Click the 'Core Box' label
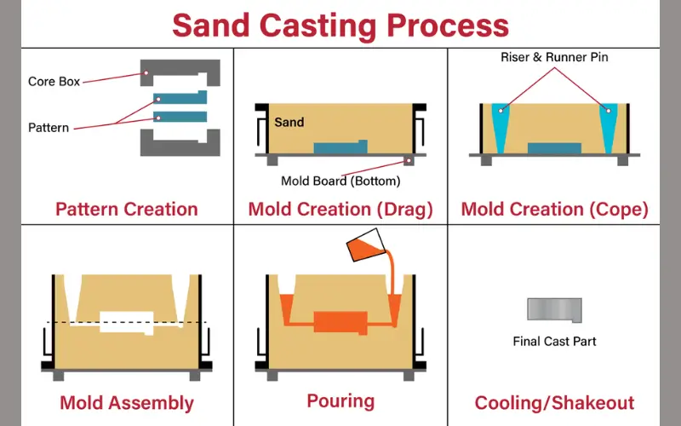[54, 82]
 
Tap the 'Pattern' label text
[48, 128]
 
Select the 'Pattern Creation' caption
[126, 209]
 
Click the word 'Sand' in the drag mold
[289, 122]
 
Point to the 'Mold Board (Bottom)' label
[340, 181]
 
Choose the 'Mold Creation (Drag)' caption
[340, 209]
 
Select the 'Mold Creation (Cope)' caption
[554, 209]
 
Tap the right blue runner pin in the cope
[609, 124]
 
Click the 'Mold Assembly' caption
[127, 402]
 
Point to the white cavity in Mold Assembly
[126, 322]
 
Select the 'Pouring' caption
[340, 400]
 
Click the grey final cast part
[553, 309]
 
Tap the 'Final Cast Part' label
[554, 342]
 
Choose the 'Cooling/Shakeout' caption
[554, 402]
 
